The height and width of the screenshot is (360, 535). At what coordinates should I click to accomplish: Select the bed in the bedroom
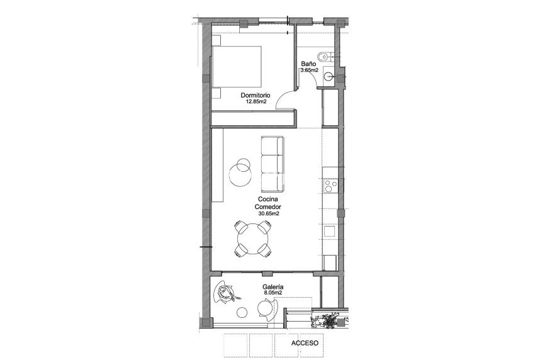(237, 67)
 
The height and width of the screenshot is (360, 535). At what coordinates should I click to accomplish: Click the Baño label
(308, 64)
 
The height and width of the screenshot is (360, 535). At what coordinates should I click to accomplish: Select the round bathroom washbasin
(328, 76)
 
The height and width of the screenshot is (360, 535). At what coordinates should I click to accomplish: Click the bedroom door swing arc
(285, 98)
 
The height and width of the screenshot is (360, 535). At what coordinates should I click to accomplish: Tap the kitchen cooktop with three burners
(330, 186)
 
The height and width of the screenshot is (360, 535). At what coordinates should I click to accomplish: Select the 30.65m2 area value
(268, 213)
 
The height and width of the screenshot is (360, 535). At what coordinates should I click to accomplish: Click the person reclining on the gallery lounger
(227, 292)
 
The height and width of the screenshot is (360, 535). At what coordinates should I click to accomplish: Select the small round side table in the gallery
(242, 312)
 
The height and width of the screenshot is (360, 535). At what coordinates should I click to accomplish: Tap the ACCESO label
(305, 344)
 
